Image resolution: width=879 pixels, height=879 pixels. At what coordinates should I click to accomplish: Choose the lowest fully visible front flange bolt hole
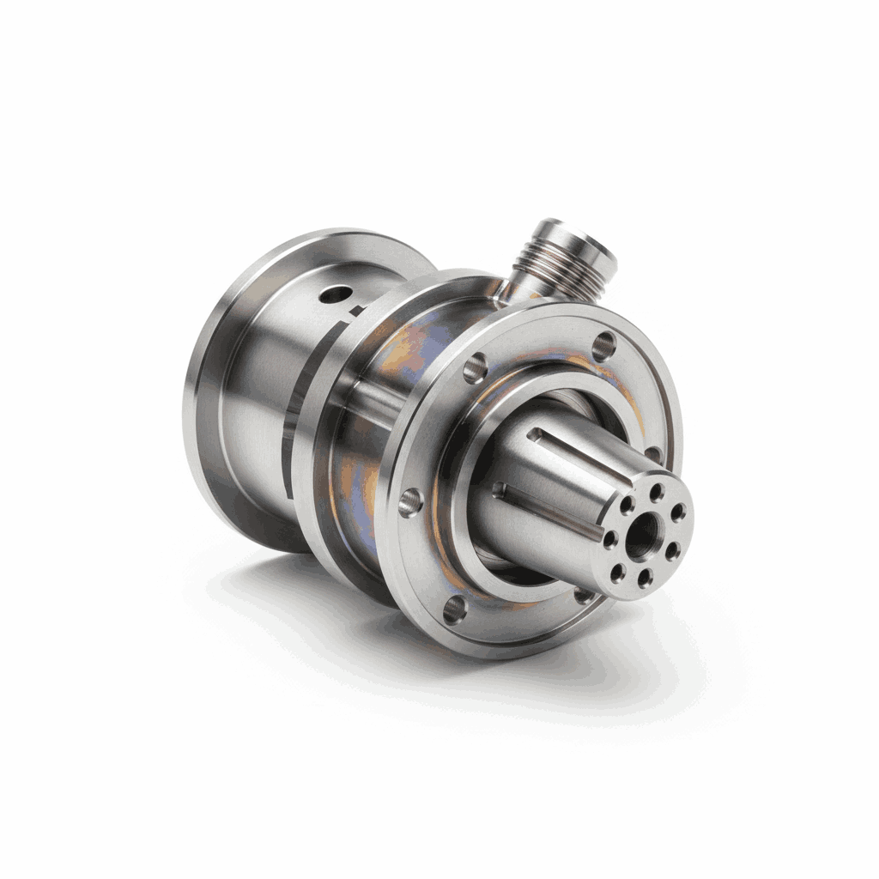[x=454, y=610]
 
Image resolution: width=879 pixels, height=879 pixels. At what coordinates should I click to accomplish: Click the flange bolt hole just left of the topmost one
[x=475, y=369]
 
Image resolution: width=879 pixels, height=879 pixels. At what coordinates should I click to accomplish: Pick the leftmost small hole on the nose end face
[x=610, y=540]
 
